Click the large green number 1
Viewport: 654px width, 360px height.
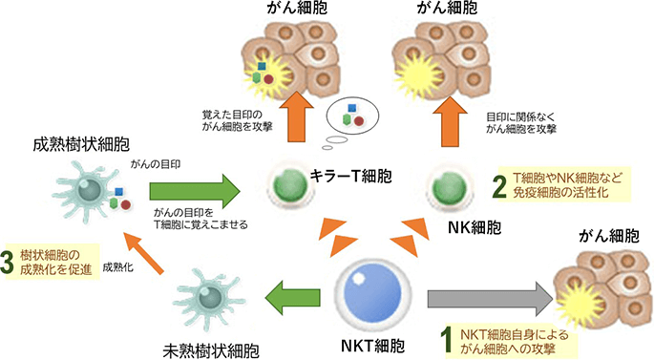pyautogui.click(x=444, y=335)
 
